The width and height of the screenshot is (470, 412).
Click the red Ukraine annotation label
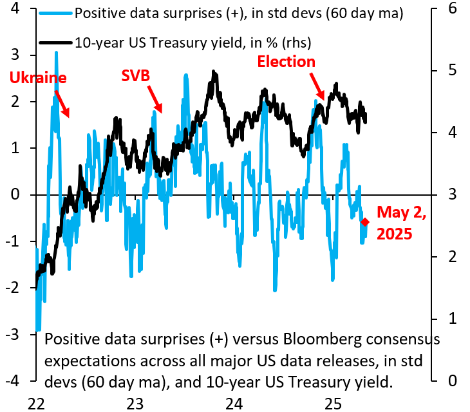(x=38, y=78)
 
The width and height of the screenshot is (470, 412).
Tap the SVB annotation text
(x=136, y=76)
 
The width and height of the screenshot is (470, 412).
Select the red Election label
(x=287, y=62)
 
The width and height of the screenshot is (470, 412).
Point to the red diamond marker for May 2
(x=366, y=222)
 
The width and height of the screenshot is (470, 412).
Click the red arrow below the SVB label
(x=155, y=98)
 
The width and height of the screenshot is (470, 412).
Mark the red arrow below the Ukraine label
(x=61, y=103)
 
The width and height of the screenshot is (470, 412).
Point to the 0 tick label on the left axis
(x=15, y=194)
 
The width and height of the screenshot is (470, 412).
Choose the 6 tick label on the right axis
(x=453, y=9)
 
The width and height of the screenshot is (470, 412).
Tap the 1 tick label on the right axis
(x=453, y=319)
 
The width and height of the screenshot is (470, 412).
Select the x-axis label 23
(x=135, y=404)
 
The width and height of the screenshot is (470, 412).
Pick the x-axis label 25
(x=333, y=404)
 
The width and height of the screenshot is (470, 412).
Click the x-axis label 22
(x=36, y=404)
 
